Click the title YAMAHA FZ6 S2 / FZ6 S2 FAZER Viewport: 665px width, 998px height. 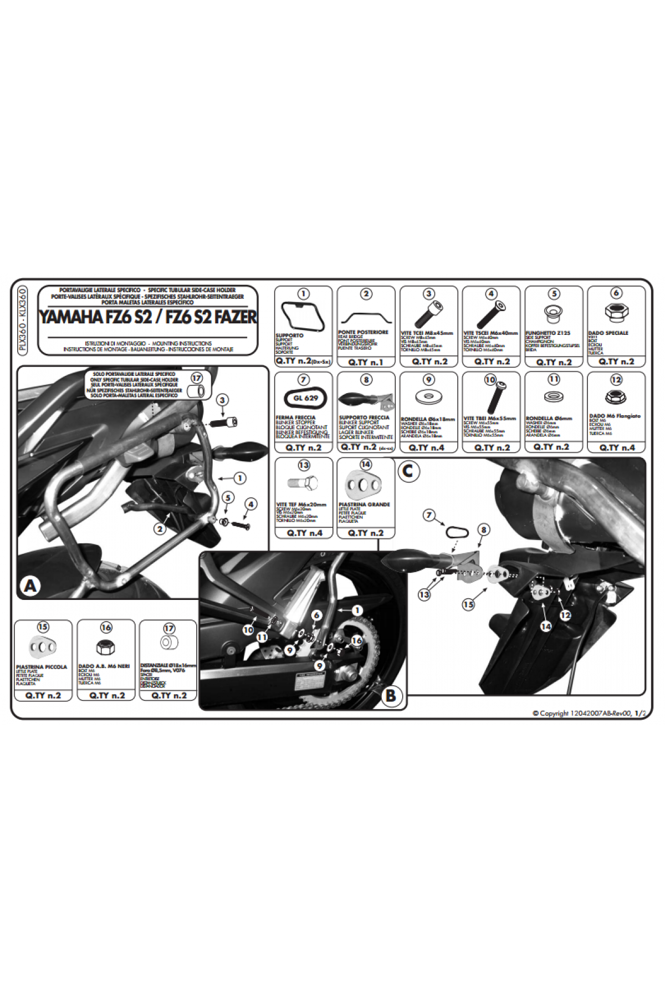(147, 317)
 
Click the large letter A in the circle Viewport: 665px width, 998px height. (30, 585)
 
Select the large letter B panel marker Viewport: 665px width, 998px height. (391, 696)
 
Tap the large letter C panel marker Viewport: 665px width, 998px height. (408, 471)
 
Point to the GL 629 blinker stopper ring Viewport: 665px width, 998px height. (304, 398)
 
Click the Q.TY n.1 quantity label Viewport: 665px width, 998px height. (366, 362)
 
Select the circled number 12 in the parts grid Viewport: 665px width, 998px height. (616, 380)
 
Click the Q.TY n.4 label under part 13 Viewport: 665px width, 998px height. (304, 533)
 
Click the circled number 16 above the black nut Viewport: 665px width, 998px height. (106, 627)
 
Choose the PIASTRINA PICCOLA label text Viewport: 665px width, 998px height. (42, 667)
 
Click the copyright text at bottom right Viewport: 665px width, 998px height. (589, 714)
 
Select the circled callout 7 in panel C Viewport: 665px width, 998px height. (428, 516)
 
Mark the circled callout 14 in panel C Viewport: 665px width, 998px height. (546, 626)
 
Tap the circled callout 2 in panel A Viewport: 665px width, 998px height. (160, 529)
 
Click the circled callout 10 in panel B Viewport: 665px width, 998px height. (248, 630)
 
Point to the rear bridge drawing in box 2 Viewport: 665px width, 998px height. (366, 318)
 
